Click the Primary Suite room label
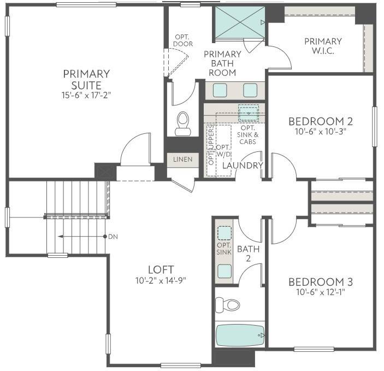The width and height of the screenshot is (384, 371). [86, 79]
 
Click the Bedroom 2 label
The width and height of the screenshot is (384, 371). [320, 121]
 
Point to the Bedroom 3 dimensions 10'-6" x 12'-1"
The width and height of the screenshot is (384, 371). [320, 292]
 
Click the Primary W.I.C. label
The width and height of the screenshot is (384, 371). [323, 46]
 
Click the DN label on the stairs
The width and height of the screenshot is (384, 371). [114, 237]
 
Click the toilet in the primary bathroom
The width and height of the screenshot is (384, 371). [182, 124]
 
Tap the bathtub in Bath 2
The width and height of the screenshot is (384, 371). [240, 335]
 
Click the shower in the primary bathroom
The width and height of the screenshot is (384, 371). [239, 22]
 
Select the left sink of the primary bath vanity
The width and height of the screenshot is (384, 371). [220, 90]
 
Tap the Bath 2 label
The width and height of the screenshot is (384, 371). [244, 253]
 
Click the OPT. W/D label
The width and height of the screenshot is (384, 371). [223, 151]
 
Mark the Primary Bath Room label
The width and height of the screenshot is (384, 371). [222, 63]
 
